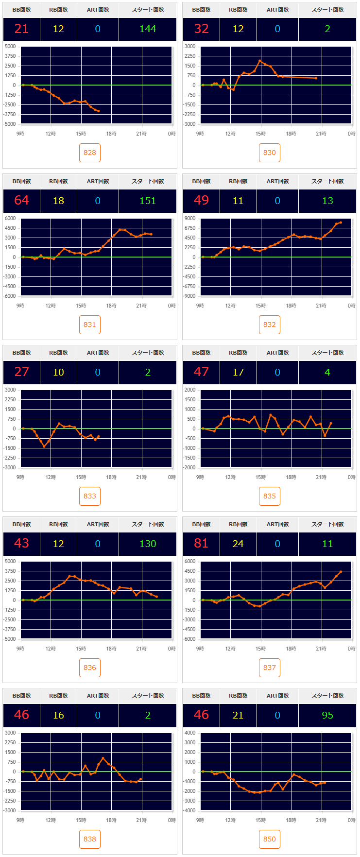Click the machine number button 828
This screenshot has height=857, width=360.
[x=90, y=153]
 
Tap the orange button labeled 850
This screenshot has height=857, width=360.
[x=270, y=839]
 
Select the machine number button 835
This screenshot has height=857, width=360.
[x=270, y=496]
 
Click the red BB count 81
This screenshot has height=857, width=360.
[x=201, y=544]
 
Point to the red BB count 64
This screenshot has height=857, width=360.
[x=21, y=201]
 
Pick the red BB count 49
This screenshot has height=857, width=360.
[x=201, y=201]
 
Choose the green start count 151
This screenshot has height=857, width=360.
[x=148, y=201]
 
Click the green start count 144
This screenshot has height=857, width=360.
[x=148, y=29]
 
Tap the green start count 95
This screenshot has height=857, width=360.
[x=327, y=715]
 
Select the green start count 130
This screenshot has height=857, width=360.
[x=148, y=544]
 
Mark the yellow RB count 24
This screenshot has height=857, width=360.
[x=238, y=544]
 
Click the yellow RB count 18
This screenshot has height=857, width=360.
[x=58, y=201]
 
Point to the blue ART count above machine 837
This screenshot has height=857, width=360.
[x=277, y=544]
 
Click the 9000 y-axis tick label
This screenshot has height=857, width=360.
[x=190, y=219]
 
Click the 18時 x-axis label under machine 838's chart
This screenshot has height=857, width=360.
[x=111, y=820]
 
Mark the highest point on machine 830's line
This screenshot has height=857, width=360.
[x=260, y=61]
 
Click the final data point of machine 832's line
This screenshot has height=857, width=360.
[x=341, y=223]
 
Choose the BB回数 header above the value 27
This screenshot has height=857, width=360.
[x=21, y=353]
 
